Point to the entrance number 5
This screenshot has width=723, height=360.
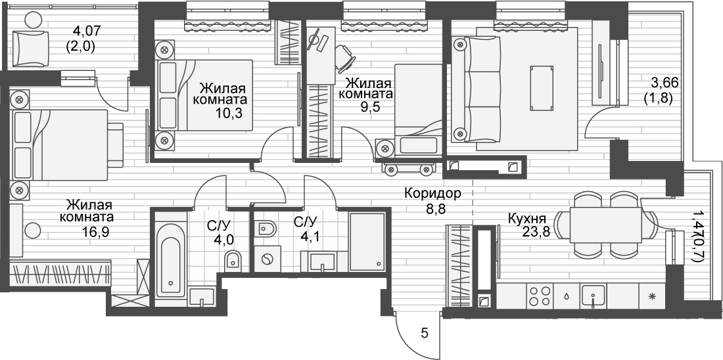[424, 334]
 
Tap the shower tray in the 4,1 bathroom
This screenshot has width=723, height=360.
[366, 240]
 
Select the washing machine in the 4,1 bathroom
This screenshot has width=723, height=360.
[267, 259]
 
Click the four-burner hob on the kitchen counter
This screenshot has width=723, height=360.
[540, 297]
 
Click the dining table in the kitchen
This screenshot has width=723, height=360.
[605, 225]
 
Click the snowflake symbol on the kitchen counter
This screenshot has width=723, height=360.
[652, 297]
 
